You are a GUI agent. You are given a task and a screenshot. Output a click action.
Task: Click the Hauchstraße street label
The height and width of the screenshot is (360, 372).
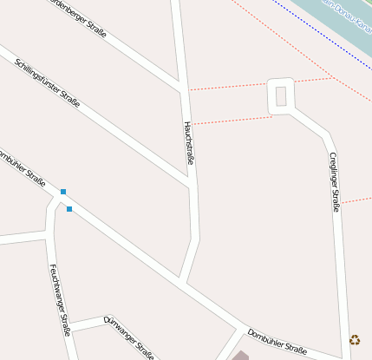(188, 143)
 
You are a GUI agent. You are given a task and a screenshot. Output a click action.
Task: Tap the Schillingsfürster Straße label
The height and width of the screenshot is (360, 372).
(48, 83)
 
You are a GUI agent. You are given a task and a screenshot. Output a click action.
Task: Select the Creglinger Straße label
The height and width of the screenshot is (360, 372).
(334, 181)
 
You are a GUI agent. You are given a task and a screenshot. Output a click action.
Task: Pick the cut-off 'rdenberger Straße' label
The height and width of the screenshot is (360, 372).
(78, 18)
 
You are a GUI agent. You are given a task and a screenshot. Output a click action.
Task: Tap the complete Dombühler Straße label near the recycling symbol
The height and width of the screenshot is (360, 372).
(277, 342)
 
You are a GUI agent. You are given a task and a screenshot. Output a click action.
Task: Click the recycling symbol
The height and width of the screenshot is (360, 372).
(355, 340)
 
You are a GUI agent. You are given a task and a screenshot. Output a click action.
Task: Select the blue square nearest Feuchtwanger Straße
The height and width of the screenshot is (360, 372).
(69, 209)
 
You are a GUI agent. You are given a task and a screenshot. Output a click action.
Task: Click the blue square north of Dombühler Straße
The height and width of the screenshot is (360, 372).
(63, 191)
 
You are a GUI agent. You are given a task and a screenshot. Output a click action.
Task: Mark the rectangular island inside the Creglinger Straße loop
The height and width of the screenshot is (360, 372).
(280, 96)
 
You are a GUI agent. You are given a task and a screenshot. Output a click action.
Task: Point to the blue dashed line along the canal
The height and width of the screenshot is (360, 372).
(321, 30)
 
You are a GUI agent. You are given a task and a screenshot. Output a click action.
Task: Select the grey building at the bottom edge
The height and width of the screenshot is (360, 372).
(239, 356)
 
